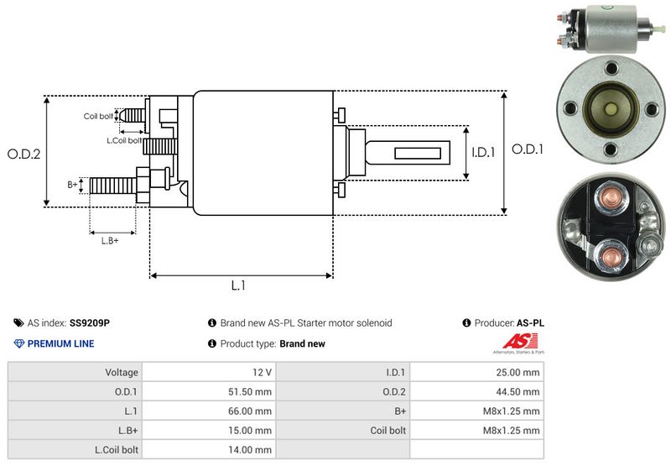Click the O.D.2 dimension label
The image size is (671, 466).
(23, 154)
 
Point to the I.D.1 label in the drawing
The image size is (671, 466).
(484, 152)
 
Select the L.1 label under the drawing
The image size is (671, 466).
(238, 285)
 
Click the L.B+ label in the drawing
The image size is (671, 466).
(110, 241)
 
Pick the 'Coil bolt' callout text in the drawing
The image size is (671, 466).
(98, 116)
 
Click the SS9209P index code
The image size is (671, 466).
(90, 322)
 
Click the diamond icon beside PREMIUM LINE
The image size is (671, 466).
(19, 343)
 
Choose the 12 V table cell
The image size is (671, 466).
(263, 372)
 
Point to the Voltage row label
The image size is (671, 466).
(122, 372)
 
